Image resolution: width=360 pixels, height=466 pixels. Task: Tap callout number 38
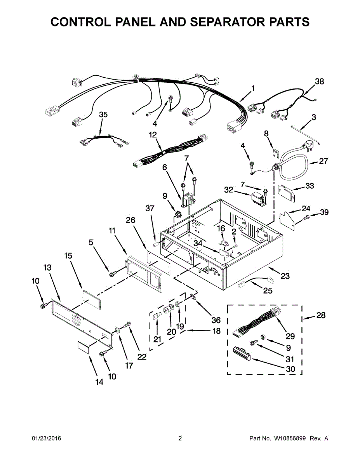319,82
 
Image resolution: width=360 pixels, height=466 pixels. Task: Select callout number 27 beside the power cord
323,161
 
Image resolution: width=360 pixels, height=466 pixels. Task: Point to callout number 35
103,115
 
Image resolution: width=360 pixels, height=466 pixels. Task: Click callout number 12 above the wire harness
153,135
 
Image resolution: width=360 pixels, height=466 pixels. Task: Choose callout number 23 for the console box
285,276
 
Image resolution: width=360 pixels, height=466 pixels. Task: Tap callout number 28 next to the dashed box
321,315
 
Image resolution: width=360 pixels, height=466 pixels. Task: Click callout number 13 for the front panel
47,268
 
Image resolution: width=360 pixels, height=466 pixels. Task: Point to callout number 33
309,186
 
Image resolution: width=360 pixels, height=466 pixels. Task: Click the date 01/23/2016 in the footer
46,438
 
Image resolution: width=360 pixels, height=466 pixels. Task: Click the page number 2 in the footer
180,438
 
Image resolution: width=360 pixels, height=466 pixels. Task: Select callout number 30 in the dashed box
290,369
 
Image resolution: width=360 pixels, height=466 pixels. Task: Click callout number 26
130,220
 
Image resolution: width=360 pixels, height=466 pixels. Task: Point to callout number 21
157,339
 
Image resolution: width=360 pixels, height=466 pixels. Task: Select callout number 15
68,256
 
